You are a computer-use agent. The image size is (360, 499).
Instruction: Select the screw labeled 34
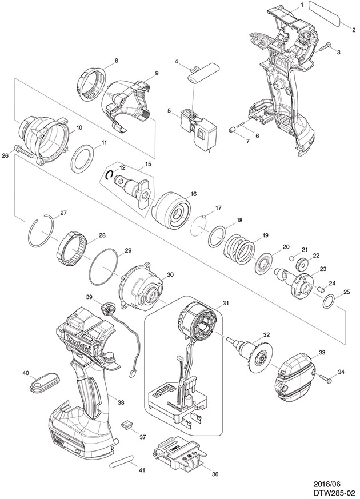tap(326, 377)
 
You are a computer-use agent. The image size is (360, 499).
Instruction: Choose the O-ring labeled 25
tap(329, 300)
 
